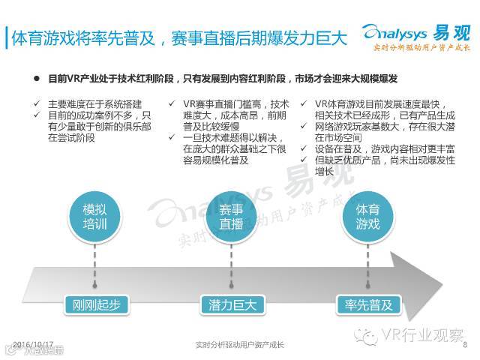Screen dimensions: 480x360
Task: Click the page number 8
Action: pyautogui.click(x=466, y=345)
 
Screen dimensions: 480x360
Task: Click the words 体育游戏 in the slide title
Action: pyautogui.click(x=39, y=37)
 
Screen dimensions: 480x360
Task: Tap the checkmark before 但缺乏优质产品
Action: pyautogui.click(x=305, y=160)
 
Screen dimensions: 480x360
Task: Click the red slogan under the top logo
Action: pyautogui.click(x=421, y=49)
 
